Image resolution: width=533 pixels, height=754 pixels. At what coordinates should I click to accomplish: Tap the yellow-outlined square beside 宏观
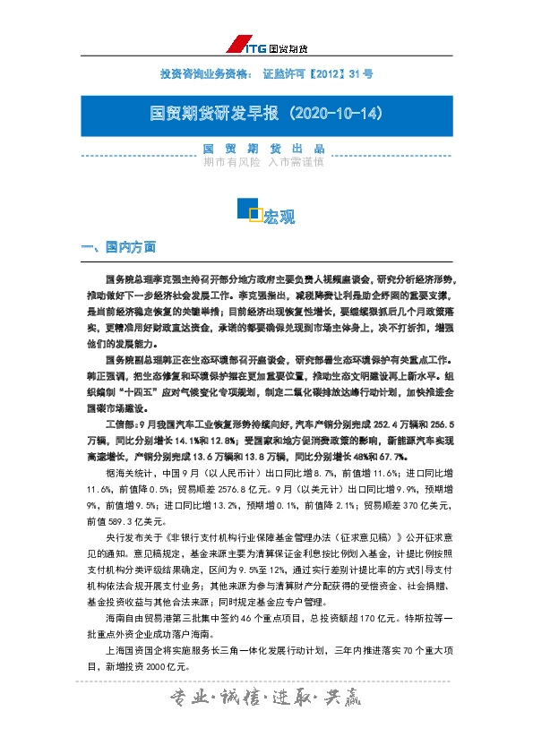point(255,213)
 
